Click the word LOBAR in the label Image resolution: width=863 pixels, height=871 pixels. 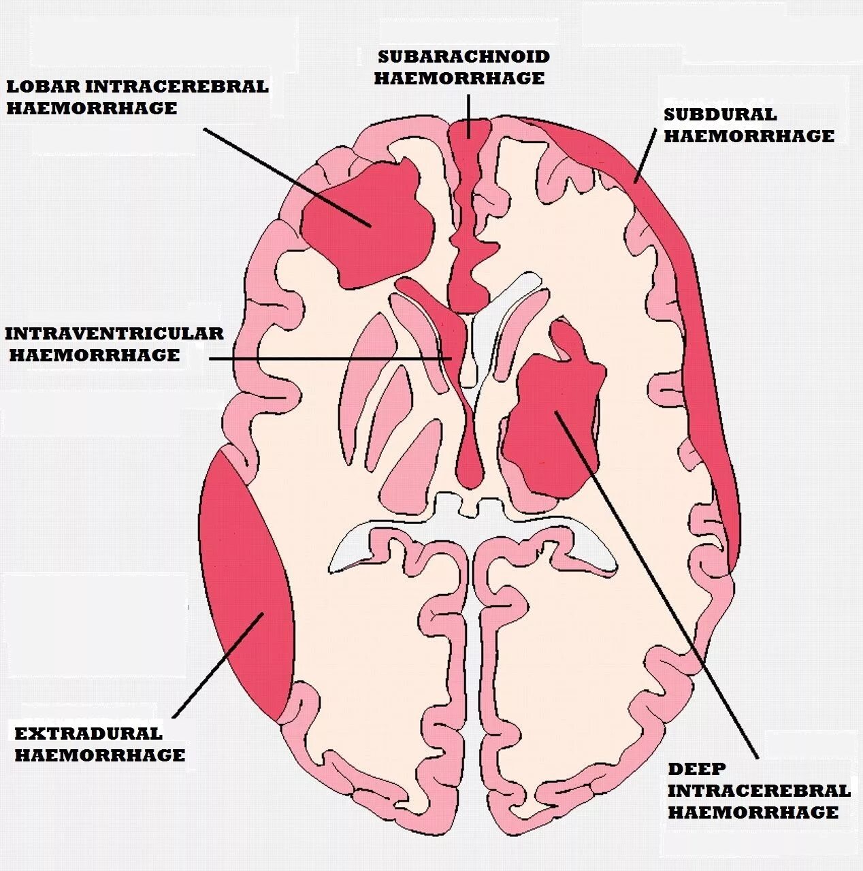42,86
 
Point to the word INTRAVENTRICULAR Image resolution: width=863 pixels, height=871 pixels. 114,333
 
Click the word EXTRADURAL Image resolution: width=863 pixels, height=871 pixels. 88,734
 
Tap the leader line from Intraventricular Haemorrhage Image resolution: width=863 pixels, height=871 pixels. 327,359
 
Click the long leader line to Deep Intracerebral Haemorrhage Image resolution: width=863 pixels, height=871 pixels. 660,592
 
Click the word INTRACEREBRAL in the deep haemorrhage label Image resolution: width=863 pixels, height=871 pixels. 759,791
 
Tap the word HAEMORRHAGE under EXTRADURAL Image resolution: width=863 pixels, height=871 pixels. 100,755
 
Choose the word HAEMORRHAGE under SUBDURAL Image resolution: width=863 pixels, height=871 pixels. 749,136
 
